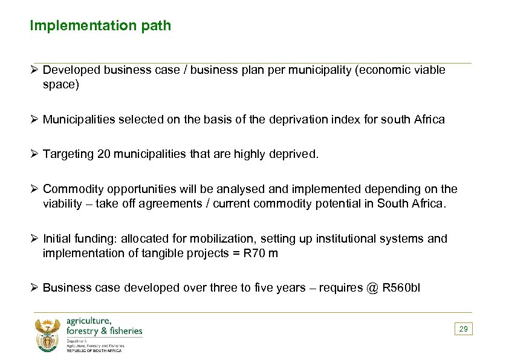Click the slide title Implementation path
(100, 25)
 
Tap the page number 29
(464, 329)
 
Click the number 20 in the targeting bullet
(103, 154)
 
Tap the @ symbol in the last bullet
(372, 287)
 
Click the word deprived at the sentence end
(296, 154)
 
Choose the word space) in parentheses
(60, 85)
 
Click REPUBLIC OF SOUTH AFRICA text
(94, 350)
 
